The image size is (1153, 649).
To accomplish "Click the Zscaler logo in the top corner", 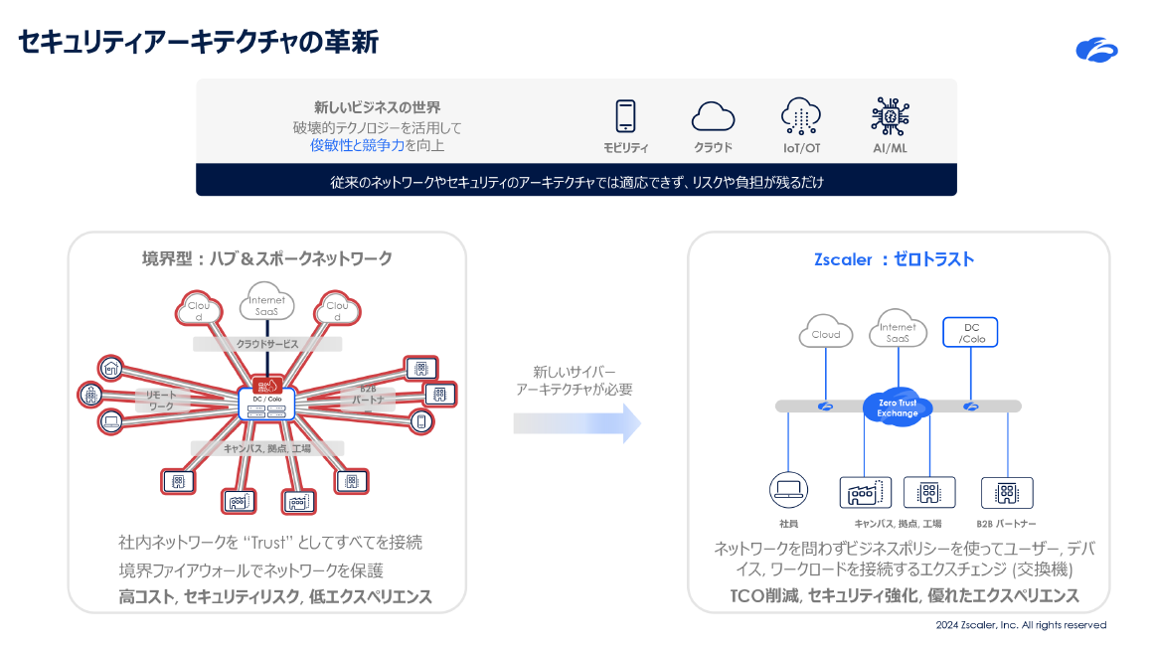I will point(1096,49).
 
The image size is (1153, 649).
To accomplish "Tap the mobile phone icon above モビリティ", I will point(625,116).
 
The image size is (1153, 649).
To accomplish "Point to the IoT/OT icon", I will point(800,115).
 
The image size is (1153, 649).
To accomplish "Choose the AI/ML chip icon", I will point(890,115).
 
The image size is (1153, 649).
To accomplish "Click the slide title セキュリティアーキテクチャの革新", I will point(198,43).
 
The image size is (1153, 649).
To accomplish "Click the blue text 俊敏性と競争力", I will point(357,145).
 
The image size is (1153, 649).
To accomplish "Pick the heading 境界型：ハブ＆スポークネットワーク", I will point(266,258).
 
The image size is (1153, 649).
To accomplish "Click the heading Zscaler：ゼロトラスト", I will point(894,259).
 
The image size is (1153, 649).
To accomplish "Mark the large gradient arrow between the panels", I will point(576,423).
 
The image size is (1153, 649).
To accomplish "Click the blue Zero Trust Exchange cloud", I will point(899,407).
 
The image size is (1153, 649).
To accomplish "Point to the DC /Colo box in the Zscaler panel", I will point(969,333).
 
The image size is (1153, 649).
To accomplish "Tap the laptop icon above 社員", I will point(788,490).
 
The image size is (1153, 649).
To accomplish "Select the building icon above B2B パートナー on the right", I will point(1006,492).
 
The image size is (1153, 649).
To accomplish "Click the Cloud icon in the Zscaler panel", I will point(826,332).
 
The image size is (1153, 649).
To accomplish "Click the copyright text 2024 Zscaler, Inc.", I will point(1021,625).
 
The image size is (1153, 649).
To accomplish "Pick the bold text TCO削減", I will point(762,596).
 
